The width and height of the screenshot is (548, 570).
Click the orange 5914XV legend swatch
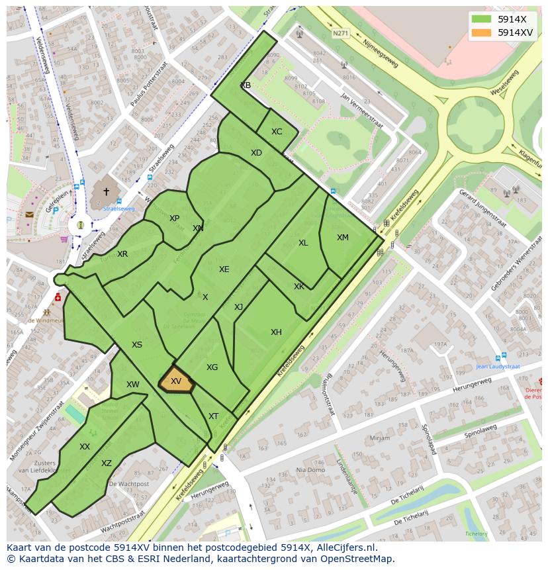pyautogui.click(x=482, y=32)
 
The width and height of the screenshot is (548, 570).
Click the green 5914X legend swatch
pyautogui.click(x=482, y=20)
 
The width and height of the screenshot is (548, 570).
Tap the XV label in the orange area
pyautogui.click(x=176, y=381)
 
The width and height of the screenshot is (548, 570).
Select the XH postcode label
pyautogui.click(x=276, y=332)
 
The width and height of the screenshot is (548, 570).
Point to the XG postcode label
pyautogui.click(x=212, y=367)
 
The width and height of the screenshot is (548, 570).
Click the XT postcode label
pyautogui.click(x=213, y=416)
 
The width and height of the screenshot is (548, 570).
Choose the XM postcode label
pyautogui.click(x=342, y=238)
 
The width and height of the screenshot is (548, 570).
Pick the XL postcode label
pyautogui.click(x=303, y=243)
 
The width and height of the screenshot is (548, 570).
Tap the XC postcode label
pyautogui.click(x=277, y=132)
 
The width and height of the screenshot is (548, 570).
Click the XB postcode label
pyautogui.click(x=246, y=85)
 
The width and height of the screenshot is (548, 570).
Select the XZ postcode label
pyautogui.click(x=107, y=463)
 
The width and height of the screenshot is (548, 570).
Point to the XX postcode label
pyautogui.click(x=85, y=447)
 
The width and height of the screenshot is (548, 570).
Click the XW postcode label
pyautogui.click(x=133, y=385)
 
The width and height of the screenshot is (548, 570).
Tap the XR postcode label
pyautogui.click(x=122, y=254)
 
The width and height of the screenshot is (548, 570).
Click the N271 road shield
pyautogui.click(x=340, y=33)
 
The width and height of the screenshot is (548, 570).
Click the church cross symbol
pyautogui.click(x=106, y=191)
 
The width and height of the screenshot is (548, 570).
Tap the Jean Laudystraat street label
pyautogui.click(x=498, y=366)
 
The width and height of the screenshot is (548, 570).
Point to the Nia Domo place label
pyautogui.click(x=310, y=470)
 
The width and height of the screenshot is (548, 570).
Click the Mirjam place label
pyautogui.click(x=380, y=438)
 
